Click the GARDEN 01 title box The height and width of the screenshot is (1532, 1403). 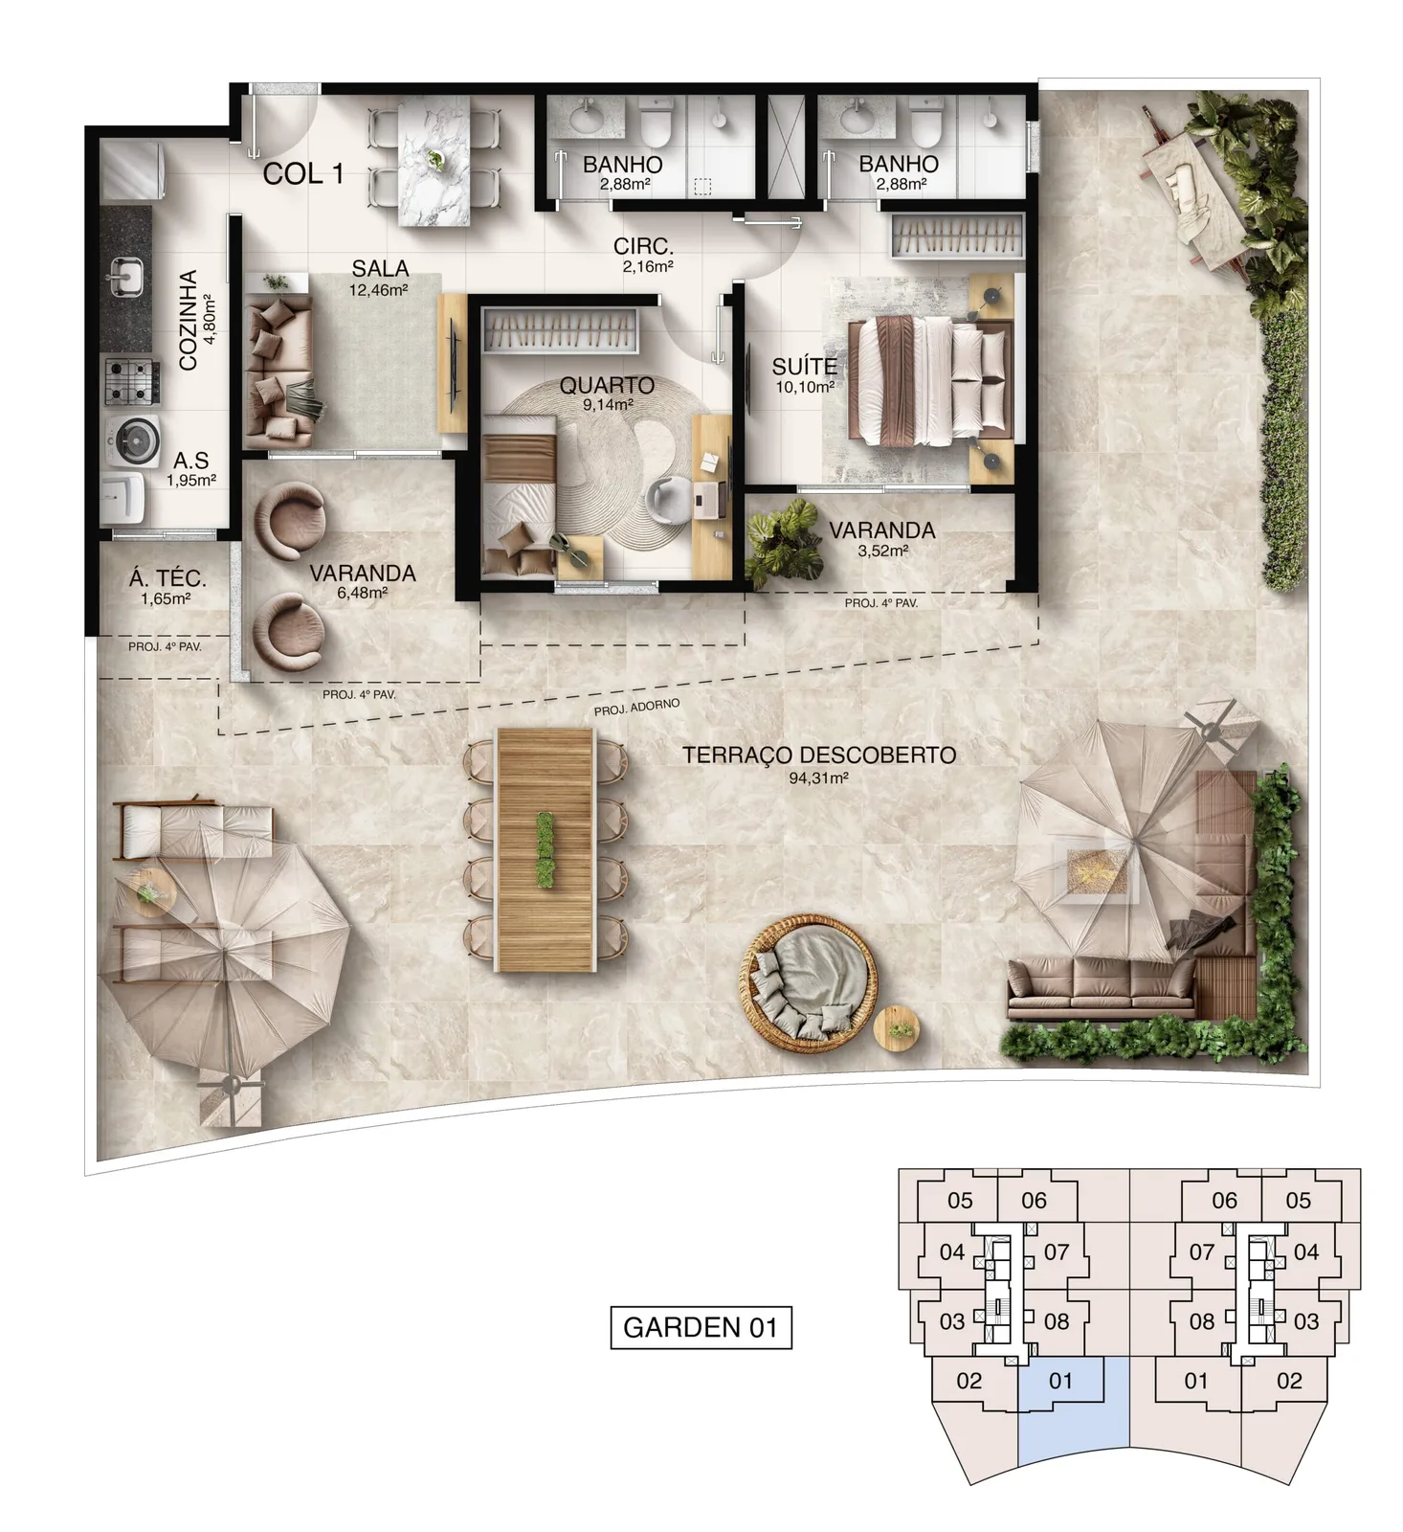[701, 1327]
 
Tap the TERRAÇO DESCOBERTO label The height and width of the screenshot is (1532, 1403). [819, 755]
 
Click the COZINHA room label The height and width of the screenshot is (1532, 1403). [189, 320]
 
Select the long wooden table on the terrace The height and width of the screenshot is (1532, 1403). [545, 849]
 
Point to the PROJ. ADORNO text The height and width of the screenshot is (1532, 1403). [637, 708]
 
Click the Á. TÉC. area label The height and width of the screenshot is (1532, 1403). [167, 578]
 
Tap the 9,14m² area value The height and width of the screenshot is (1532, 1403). [608, 405]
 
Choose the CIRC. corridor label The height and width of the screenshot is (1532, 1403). [643, 246]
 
